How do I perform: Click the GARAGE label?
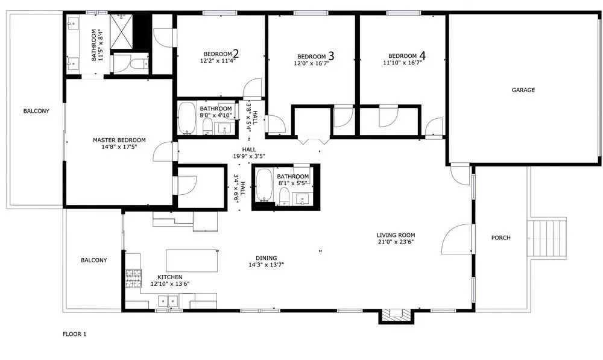[x=523, y=90]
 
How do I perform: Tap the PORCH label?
[x=500, y=238]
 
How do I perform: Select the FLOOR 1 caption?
[x=75, y=334]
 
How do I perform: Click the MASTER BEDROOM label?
[x=119, y=140]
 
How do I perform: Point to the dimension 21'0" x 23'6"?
[x=396, y=242]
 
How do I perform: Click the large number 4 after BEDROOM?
[x=423, y=55]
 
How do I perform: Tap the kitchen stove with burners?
[x=133, y=278]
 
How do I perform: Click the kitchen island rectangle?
[x=192, y=261]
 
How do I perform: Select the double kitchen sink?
[x=168, y=300]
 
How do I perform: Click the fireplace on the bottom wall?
[x=396, y=315]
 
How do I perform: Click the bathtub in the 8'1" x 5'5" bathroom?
[x=264, y=185]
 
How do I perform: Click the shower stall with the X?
[x=121, y=31]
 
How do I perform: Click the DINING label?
[x=266, y=258]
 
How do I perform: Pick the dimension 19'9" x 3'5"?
[x=249, y=156]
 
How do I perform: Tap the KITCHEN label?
[x=170, y=277]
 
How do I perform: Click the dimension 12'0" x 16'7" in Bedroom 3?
[x=312, y=63]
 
